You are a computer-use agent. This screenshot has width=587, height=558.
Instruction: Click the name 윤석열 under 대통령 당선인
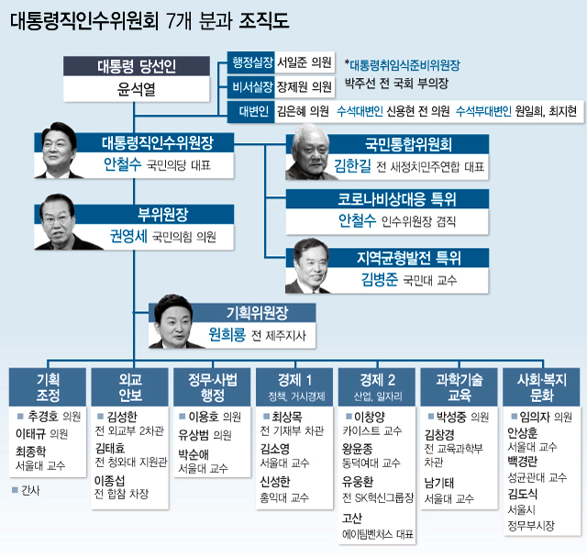tap(137, 89)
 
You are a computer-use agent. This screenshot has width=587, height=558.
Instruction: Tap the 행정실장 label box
tap(251, 62)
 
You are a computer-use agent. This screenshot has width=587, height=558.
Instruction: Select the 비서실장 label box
tap(251, 87)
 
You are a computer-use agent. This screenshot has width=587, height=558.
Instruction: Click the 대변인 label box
tap(251, 112)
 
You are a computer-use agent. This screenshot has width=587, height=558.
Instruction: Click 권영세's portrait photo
tap(60, 222)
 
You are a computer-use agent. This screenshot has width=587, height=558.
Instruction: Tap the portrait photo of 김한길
tap(308, 152)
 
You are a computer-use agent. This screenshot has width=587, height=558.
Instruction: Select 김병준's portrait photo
tap(308, 266)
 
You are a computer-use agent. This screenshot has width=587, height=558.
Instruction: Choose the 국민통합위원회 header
tap(408, 144)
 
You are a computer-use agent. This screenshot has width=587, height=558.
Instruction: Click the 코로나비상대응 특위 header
tap(387, 199)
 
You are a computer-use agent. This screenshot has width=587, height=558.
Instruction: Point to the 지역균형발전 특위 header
tap(408, 258)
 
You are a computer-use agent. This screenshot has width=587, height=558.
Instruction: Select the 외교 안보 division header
tap(130, 387)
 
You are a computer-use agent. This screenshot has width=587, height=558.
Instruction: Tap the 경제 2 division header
tap(377, 387)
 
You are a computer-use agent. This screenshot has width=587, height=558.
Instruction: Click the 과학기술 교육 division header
tap(460, 387)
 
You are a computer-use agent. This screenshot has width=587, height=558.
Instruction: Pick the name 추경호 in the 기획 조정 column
tap(43, 416)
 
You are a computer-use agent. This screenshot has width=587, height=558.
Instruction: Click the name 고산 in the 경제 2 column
tap(352, 519)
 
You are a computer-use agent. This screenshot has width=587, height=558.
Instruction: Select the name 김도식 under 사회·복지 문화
tap(522, 494)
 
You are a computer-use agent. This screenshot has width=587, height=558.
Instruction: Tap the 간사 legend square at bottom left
tap(15, 490)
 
